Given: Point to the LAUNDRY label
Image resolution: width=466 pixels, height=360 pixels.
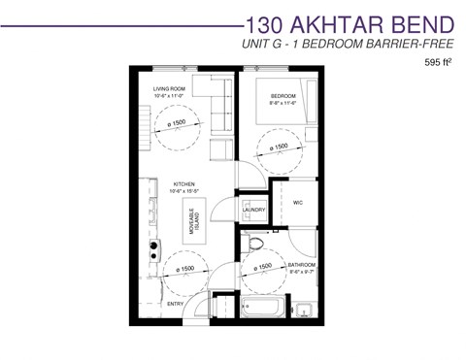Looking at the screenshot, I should point(254,209).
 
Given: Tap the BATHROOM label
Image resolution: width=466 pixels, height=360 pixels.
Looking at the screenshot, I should point(302,264).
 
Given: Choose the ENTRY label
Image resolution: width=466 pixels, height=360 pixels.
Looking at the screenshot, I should point(176,305).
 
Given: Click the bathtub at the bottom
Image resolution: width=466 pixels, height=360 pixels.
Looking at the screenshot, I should point(264,308).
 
